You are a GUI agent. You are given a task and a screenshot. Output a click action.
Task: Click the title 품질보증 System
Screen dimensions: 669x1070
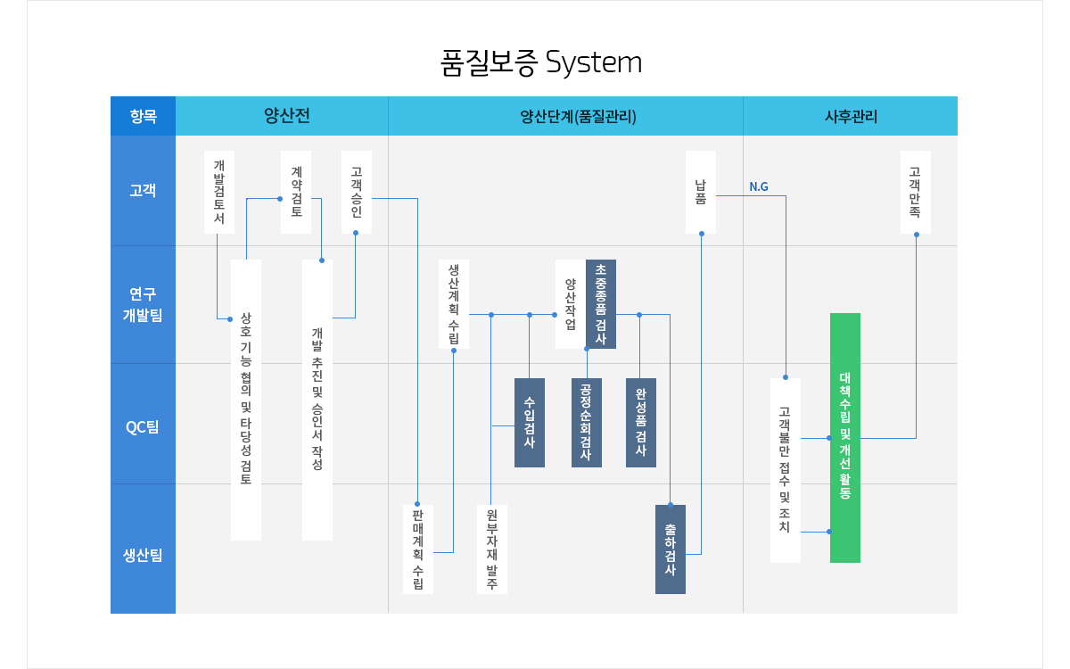click(x=541, y=63)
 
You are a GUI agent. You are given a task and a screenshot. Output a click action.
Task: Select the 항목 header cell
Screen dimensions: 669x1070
click(x=143, y=116)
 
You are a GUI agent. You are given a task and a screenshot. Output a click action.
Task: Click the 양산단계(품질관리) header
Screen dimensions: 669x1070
click(x=565, y=116)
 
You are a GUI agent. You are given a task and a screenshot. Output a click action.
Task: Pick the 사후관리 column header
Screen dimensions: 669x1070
click(x=851, y=116)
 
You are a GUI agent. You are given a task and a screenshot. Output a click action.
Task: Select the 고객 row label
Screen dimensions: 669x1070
click(x=143, y=190)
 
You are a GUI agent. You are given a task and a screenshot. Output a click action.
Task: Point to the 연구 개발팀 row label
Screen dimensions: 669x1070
click(x=143, y=304)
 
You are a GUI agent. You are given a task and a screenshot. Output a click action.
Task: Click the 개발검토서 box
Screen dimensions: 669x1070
click(x=219, y=192)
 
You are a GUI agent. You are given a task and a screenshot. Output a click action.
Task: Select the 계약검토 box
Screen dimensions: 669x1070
click(x=296, y=192)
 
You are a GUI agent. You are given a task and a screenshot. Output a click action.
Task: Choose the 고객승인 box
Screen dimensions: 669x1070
click(x=357, y=192)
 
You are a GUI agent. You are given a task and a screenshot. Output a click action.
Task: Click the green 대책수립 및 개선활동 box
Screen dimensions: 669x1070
click(x=845, y=437)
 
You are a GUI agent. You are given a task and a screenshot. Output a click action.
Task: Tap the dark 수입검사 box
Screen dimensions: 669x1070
click(x=530, y=422)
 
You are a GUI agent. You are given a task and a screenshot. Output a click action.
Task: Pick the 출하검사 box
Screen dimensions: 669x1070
click(x=671, y=549)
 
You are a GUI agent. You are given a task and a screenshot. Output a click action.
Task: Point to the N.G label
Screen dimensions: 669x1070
click(x=759, y=187)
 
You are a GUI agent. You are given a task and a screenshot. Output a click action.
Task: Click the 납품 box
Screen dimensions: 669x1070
click(x=701, y=192)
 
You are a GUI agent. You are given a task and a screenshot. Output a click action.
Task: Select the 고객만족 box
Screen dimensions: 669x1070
click(x=916, y=192)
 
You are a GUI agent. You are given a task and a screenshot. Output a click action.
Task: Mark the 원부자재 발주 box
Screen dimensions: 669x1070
click(x=491, y=549)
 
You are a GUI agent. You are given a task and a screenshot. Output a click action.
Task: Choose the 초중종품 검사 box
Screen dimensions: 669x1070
click(x=601, y=304)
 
